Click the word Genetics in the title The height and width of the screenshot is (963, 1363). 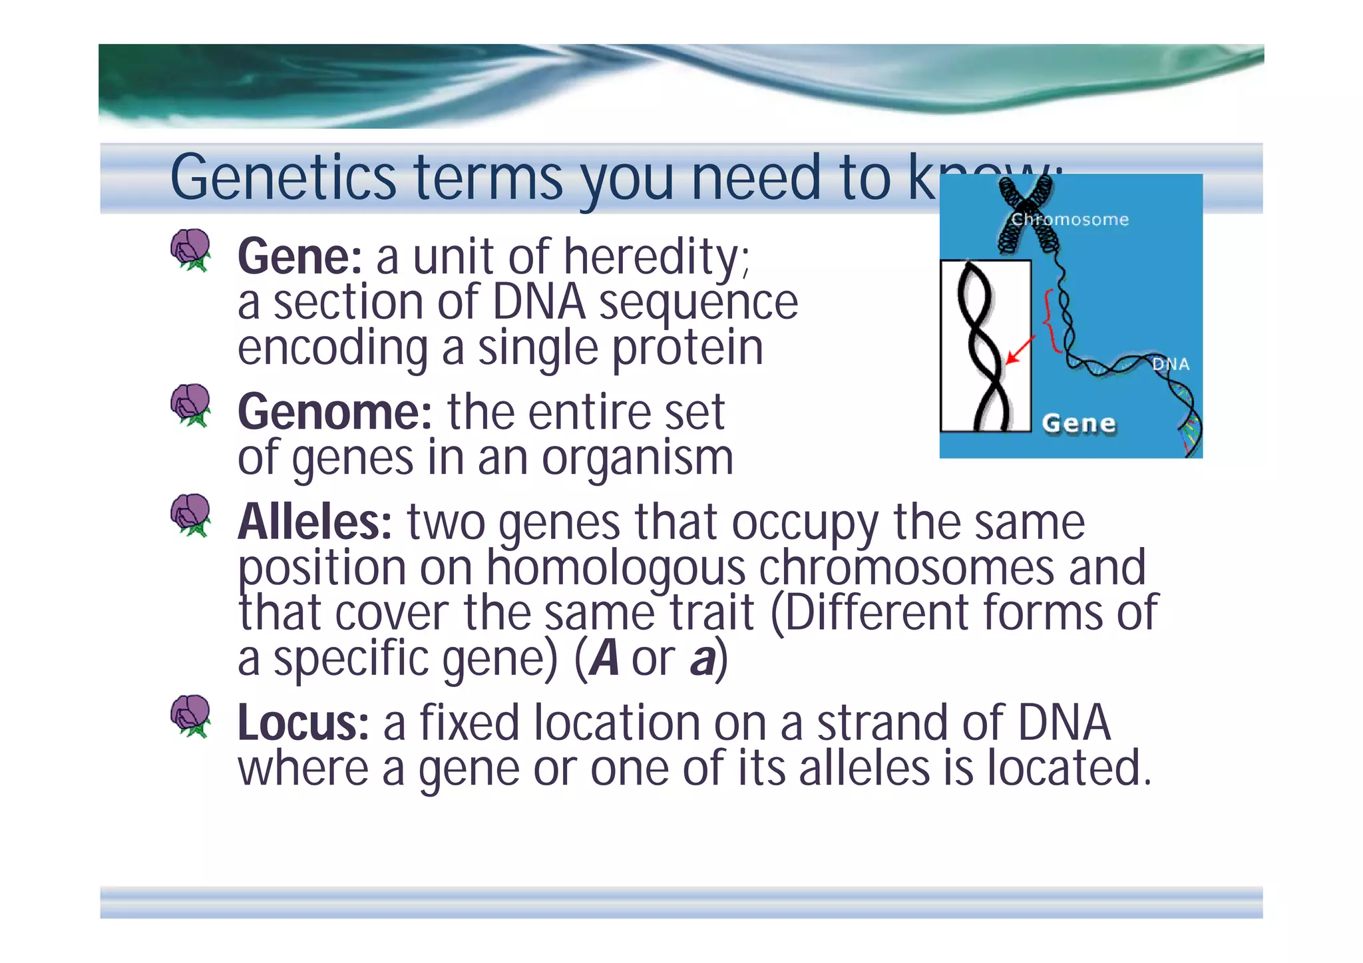(x=283, y=178)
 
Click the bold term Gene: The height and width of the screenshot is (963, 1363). (x=299, y=258)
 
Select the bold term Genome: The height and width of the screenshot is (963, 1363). (x=335, y=413)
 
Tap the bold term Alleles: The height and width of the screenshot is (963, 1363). (x=315, y=523)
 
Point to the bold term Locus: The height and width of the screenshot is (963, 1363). (x=303, y=723)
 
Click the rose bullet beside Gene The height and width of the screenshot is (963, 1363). (x=190, y=250)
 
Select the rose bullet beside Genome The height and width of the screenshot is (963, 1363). (x=190, y=405)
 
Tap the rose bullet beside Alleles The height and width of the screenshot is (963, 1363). (x=190, y=514)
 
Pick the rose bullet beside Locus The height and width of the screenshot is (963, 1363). (x=190, y=716)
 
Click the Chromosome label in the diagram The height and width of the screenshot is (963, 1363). (x=1070, y=220)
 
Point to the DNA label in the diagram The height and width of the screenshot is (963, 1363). (x=1170, y=364)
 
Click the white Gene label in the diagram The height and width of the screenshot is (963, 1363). (x=1078, y=423)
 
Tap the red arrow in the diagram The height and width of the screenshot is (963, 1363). (x=1020, y=350)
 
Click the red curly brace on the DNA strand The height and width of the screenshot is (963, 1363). (x=1050, y=321)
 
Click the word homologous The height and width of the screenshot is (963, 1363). (x=616, y=568)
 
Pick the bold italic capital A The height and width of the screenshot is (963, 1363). (x=604, y=660)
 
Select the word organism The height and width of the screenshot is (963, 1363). (x=637, y=459)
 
